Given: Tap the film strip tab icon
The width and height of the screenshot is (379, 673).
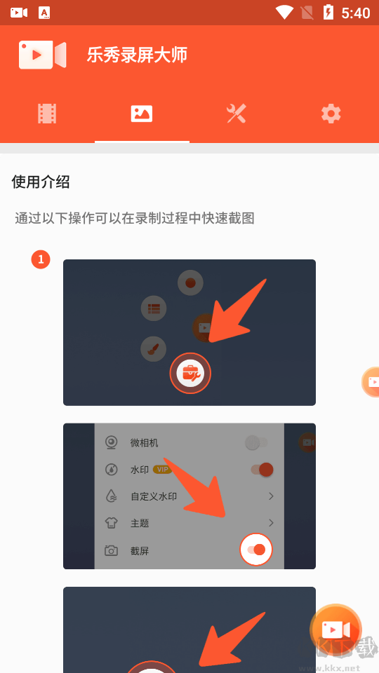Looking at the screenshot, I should point(47,114).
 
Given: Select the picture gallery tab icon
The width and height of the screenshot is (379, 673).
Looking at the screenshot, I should point(142,114).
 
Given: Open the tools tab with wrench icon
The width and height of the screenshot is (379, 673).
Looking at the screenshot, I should point(237,114).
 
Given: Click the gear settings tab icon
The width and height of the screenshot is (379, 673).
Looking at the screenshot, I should point(331,114).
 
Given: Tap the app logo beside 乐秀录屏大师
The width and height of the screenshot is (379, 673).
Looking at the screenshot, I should point(42,55).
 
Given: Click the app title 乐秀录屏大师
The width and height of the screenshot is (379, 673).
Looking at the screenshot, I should point(137,55).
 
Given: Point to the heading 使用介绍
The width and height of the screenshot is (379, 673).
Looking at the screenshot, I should point(41,182).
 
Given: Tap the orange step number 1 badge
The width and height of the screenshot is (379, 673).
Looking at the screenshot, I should point(41,260).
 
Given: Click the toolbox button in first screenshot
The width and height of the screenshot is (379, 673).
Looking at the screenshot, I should point(190,373).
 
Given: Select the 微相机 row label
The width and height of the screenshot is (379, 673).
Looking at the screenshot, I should point(144,443).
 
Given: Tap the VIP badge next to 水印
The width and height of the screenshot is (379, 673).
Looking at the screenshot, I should point(162,470).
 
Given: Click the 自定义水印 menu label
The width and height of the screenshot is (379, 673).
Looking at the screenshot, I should point(153,496).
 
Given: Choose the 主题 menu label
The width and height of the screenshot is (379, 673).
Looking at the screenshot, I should point(140,523).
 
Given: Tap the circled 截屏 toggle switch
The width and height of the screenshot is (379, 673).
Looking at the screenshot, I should point(256,550).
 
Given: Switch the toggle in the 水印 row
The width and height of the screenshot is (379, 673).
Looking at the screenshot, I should point(261,470).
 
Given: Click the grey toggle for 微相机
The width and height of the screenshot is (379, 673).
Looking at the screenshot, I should point(255,443).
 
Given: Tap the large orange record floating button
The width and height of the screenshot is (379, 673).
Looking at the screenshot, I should point(335,629).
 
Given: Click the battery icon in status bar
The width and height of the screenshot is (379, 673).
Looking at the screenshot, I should point(328,12).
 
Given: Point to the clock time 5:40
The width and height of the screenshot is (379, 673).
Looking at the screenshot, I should point(355,13).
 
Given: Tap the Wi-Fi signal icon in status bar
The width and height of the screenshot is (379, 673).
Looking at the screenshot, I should point(284,12).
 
